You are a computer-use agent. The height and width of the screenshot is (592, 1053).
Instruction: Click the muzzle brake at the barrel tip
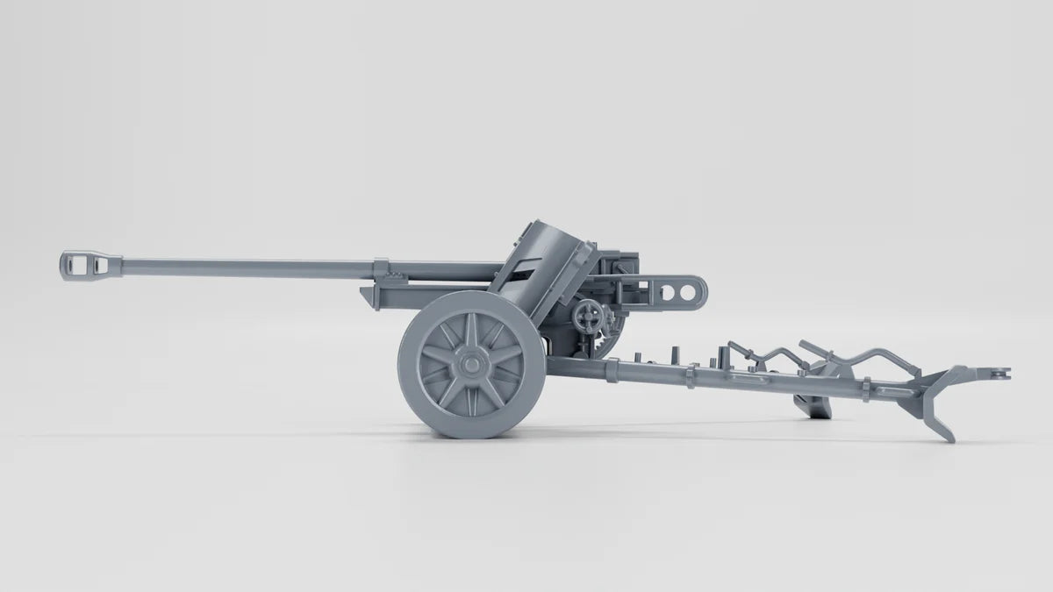point(90,264)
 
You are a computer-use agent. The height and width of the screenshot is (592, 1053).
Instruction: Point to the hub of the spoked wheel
point(471,362)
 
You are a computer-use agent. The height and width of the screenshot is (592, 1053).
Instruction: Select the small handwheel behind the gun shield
point(587,317)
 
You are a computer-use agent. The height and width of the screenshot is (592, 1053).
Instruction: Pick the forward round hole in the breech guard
point(670,289)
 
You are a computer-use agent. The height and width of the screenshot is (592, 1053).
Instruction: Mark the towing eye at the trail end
point(999,374)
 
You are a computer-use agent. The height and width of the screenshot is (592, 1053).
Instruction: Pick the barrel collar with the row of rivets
point(379,267)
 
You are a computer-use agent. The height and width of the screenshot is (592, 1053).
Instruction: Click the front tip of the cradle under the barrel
point(367,296)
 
